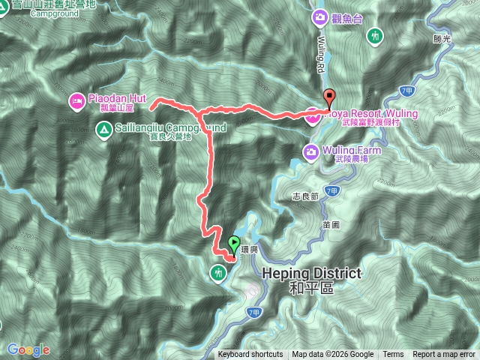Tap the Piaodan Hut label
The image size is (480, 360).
tap(118, 98)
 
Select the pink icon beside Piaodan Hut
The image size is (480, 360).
tap(76, 99)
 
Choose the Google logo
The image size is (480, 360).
tap(28, 350)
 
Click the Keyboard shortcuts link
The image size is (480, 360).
tap(250, 355)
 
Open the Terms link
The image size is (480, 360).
tap(393, 355)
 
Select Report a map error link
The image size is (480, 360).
tap(444, 355)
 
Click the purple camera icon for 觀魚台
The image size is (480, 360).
tap(320, 16)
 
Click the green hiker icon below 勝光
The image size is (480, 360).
tap(376, 35)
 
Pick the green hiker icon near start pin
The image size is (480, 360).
tap(219, 272)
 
